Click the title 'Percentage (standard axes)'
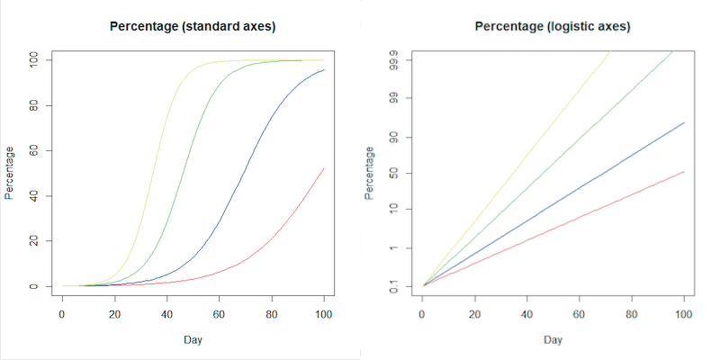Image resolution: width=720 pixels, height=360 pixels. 193,26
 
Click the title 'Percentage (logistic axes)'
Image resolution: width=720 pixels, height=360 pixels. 553,26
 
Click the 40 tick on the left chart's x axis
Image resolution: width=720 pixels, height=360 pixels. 166,313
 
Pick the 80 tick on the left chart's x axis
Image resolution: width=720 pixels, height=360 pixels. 272,313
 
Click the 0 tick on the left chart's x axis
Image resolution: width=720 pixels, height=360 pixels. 62,313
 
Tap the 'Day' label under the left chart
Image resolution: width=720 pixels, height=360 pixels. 193,340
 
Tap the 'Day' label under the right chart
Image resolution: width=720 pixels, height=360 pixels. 553,340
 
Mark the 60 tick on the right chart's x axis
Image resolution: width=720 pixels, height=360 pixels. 579,313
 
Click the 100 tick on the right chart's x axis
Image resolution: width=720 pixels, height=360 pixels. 684,313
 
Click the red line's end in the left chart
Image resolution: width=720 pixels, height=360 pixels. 324,168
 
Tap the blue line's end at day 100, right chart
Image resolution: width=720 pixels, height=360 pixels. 684,122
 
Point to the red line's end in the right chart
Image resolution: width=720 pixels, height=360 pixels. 684,171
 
